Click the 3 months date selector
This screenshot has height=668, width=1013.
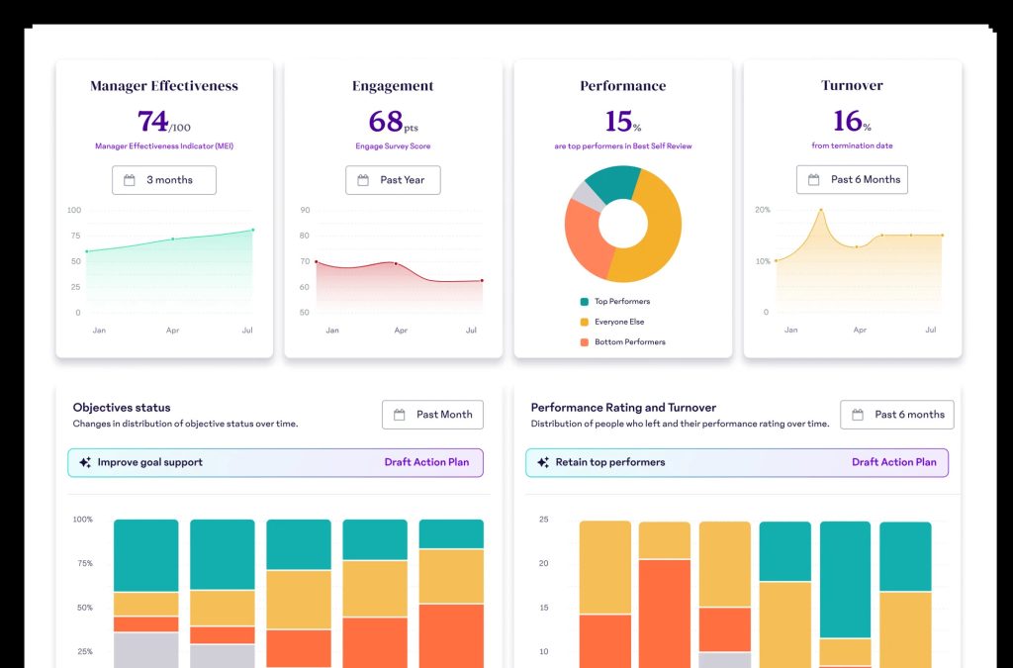click(164, 180)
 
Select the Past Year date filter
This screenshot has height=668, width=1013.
click(393, 180)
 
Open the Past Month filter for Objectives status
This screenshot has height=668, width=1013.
click(432, 415)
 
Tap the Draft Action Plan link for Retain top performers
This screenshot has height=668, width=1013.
click(893, 462)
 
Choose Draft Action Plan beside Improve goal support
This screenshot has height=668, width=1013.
click(426, 462)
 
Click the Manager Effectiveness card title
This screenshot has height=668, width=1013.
click(164, 86)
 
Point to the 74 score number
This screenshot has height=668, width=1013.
click(152, 121)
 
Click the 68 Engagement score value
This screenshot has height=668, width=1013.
click(385, 121)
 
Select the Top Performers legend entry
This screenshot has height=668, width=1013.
click(615, 302)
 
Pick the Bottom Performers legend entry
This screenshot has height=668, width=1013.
click(623, 342)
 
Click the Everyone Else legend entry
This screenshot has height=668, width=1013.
click(611, 322)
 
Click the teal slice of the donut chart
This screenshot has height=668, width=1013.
click(611, 182)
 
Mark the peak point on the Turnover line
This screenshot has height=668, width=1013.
click(821, 210)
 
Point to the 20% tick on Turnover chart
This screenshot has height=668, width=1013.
click(763, 210)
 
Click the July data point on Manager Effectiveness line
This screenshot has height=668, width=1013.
click(252, 230)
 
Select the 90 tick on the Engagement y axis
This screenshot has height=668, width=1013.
click(305, 210)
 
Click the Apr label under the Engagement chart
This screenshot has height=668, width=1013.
click(401, 331)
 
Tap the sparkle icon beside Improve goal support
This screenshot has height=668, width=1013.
click(85, 462)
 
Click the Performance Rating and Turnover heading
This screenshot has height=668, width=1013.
click(623, 408)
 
